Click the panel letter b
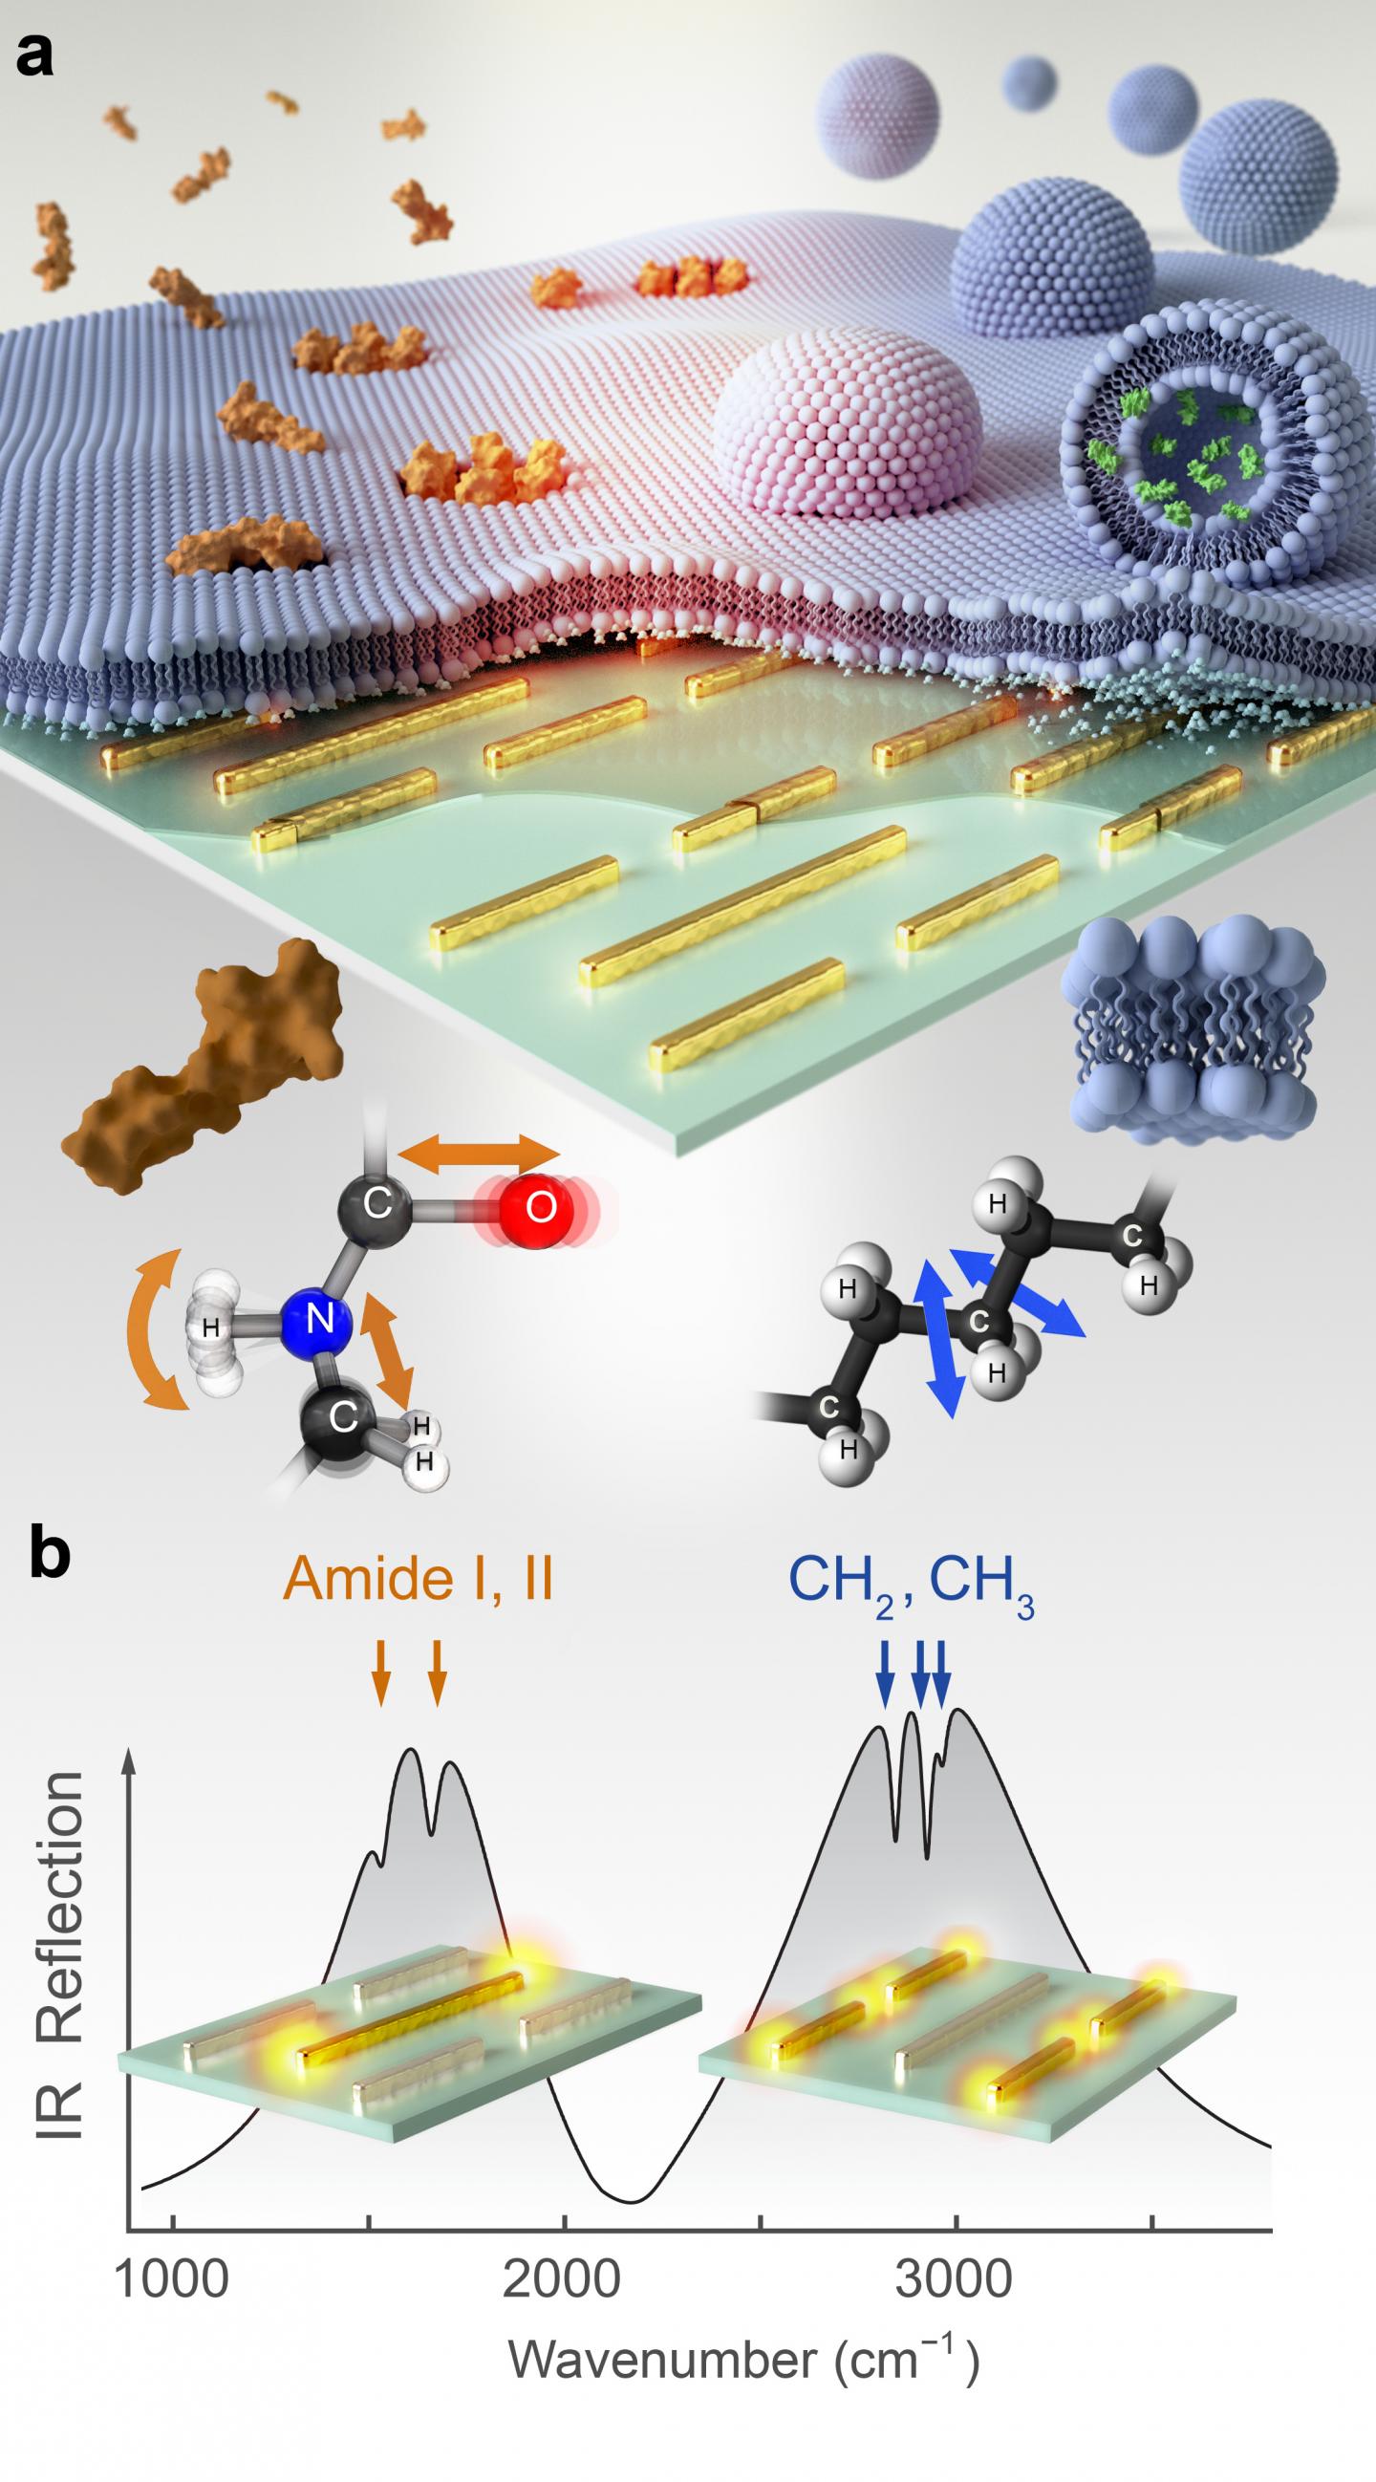click(49, 1557)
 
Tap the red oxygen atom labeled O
click(540, 1206)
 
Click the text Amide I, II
click(418, 1578)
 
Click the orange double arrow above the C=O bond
click(479, 1152)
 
